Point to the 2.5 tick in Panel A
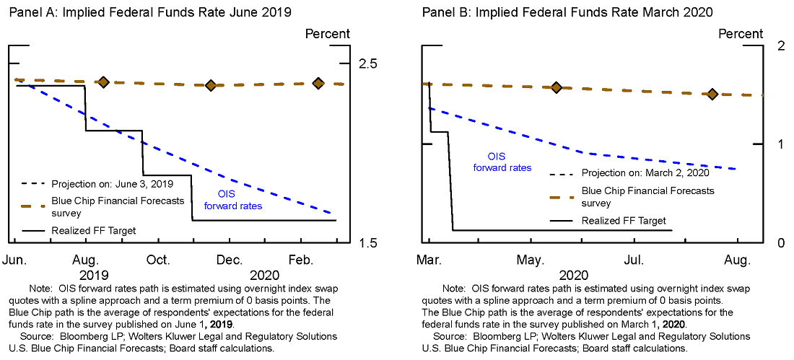tap(368, 64)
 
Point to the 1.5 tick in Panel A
tap(368, 242)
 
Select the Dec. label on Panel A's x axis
tap(230, 259)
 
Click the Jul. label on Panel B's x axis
tap(635, 259)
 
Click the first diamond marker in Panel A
tap(103, 82)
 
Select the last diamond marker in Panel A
tap(318, 83)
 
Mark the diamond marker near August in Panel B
tap(712, 94)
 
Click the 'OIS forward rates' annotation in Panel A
tap(232, 200)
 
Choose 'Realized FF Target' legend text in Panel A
tap(94, 231)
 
